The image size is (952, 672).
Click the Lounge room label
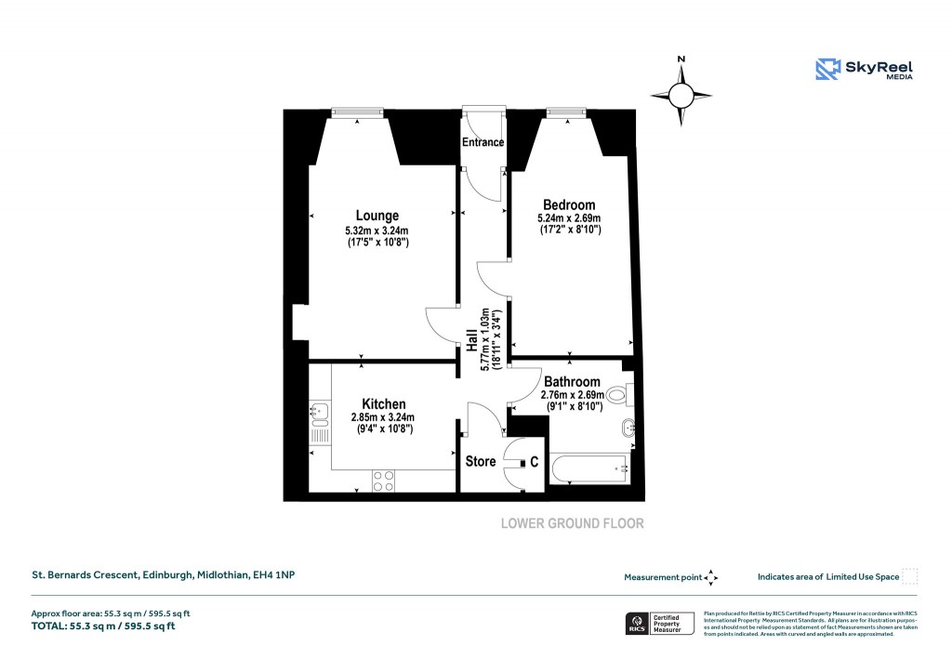tap(377, 216)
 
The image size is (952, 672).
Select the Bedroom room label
tap(569, 204)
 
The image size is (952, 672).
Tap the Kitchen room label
tap(383, 403)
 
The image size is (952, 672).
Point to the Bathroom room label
tap(572, 381)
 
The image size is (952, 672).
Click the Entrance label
tap(483, 142)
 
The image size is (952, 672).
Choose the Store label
tap(480, 461)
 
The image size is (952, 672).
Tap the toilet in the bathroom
tap(622, 395)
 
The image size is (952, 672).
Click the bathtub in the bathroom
tap(589, 469)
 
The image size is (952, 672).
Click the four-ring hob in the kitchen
tap(383, 481)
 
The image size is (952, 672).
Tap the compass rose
tap(681, 95)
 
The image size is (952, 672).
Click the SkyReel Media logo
tap(864, 69)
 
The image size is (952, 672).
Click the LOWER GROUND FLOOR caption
tap(572, 523)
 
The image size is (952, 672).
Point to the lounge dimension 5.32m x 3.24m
tap(377, 231)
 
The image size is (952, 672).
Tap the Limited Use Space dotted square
tap(909, 576)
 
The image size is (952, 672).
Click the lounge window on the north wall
tap(359, 113)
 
